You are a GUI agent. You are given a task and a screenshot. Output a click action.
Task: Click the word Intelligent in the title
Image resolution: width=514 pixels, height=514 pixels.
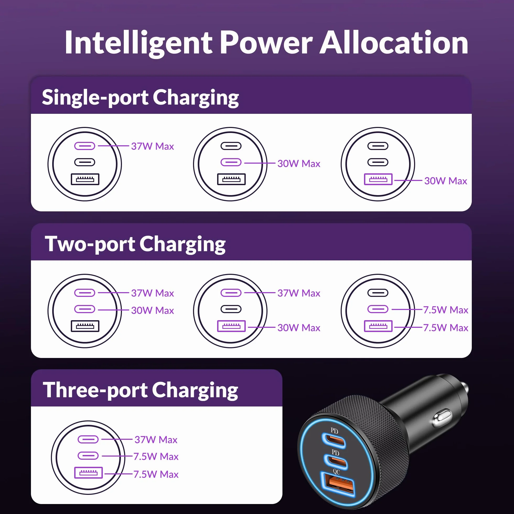(138, 42)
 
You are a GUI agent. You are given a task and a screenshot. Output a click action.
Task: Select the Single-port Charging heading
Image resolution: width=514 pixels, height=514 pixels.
(140, 98)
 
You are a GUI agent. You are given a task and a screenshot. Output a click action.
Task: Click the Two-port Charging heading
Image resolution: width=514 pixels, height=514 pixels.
(135, 244)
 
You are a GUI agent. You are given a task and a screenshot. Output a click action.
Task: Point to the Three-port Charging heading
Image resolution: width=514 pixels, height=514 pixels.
(140, 390)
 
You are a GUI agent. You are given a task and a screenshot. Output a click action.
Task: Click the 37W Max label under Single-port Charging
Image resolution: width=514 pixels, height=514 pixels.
(152, 146)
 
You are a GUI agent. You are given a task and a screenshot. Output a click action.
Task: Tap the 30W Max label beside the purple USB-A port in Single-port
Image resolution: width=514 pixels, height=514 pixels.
(446, 181)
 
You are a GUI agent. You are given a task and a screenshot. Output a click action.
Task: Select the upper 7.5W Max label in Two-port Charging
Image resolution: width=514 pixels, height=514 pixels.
(446, 310)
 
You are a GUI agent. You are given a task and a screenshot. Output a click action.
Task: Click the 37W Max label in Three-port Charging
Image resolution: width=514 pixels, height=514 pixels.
(156, 440)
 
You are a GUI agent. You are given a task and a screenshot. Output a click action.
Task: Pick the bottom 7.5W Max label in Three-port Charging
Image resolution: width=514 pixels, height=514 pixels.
(156, 474)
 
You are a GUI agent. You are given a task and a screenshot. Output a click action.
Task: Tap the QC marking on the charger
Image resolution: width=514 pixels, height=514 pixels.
(336, 472)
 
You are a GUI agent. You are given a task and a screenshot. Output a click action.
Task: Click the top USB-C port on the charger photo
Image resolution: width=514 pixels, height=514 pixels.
(334, 441)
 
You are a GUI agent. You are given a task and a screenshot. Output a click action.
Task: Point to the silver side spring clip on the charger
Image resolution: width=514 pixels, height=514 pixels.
(442, 418)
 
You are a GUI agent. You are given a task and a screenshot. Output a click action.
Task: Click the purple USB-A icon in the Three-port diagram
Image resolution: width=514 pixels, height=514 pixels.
(88, 473)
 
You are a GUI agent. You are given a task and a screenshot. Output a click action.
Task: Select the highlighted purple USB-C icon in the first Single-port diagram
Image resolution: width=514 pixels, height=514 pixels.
(85, 146)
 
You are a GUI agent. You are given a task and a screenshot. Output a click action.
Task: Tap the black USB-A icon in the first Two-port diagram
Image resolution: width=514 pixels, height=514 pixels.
(85, 326)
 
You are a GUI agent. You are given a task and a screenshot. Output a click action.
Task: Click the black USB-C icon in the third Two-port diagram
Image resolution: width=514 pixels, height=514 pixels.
(378, 293)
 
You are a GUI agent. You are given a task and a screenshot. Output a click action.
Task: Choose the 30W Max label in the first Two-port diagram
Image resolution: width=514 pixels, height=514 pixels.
(152, 310)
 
